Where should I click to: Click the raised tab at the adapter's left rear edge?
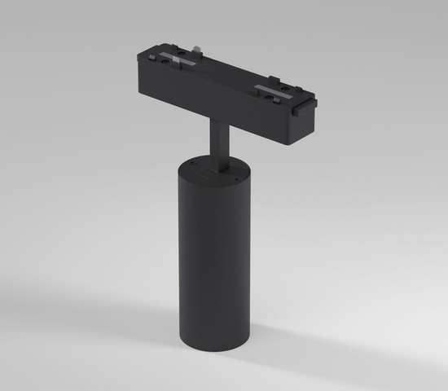156,47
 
